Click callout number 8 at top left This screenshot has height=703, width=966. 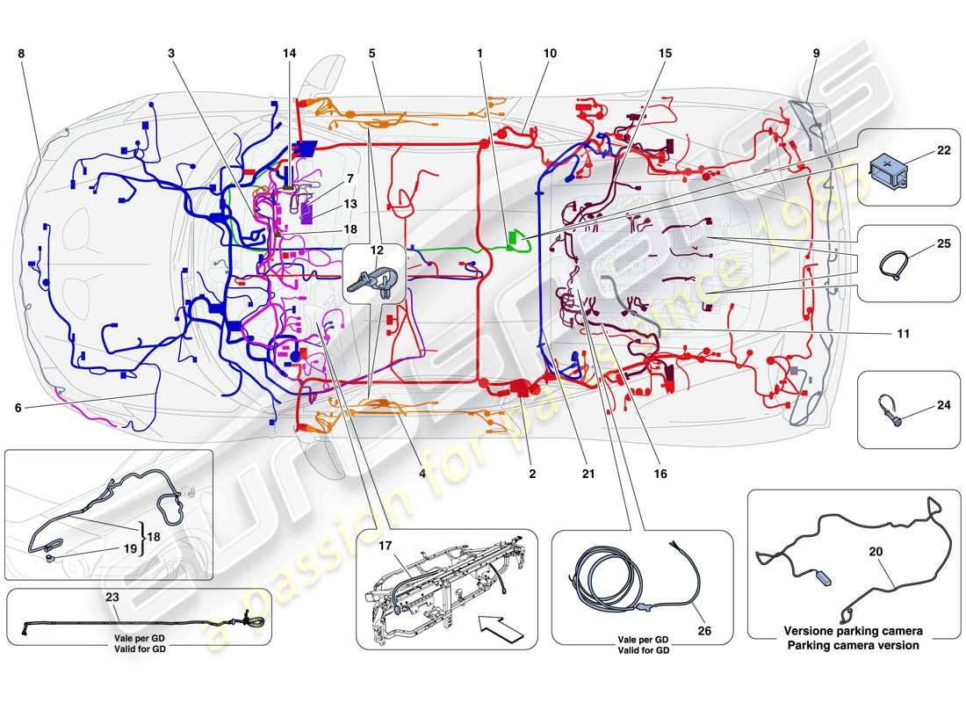[20, 54]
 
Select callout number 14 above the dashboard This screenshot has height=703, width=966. [290, 54]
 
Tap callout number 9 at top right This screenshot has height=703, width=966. [816, 54]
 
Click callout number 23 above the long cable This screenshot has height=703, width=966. [113, 595]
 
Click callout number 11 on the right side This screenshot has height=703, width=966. [904, 334]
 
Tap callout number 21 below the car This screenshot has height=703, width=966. [588, 474]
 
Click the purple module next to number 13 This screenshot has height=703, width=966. [307, 214]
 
